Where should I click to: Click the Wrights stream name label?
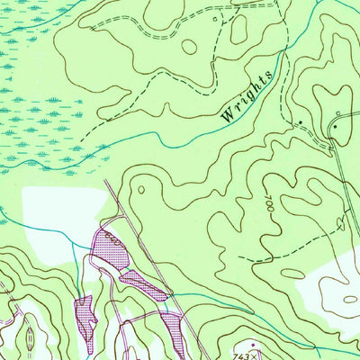pyautogui.click(x=246, y=96)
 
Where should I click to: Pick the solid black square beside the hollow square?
pyautogui.click(x=334, y=127)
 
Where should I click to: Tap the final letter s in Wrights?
pyautogui.click(x=267, y=79)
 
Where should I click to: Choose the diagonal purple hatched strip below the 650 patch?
pyautogui.click(x=144, y=283)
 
